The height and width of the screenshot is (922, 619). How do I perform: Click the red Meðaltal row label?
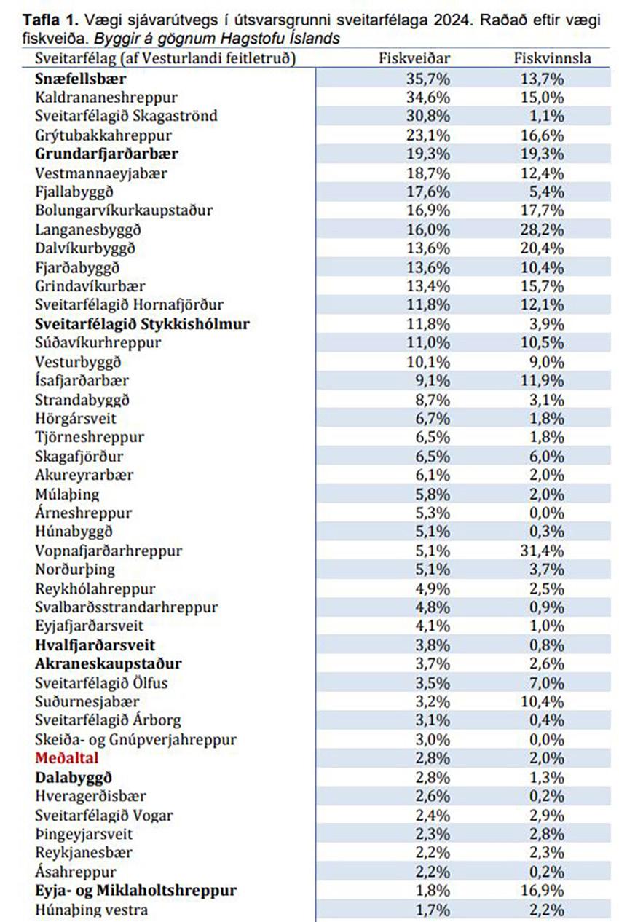pyautogui.click(x=66, y=758)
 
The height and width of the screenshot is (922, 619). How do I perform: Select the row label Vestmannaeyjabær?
pyautogui.click(x=100, y=173)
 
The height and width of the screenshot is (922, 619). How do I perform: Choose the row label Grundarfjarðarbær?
pyautogui.click(x=106, y=154)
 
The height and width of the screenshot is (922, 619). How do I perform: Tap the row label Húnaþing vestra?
pyautogui.click(x=91, y=910)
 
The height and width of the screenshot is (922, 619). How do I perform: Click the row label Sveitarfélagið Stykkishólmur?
pyautogui.click(x=142, y=323)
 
